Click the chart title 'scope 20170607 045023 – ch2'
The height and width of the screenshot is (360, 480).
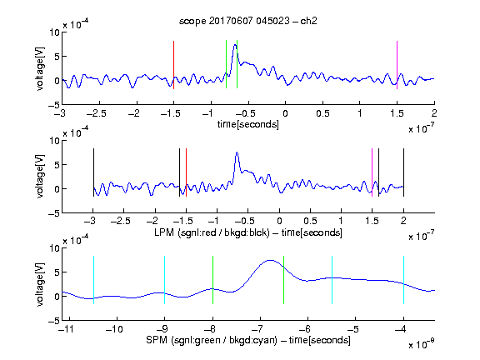point(248,21)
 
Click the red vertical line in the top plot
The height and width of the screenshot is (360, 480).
point(173,65)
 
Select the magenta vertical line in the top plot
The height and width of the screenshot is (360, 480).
point(397,65)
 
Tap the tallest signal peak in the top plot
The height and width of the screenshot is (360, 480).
point(235,45)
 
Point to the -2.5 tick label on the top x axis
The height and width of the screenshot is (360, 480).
point(97,114)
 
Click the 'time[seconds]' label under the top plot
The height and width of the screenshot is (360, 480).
point(248,124)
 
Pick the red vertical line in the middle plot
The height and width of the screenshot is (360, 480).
point(186,172)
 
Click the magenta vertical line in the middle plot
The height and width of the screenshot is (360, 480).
point(372,172)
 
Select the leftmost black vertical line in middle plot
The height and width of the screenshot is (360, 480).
point(93,172)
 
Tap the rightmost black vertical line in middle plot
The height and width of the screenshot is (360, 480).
point(403,172)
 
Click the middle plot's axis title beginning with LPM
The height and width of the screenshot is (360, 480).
point(248,232)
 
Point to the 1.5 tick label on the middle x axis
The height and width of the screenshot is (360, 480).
point(372,221)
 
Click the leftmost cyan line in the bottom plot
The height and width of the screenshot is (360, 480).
point(93,280)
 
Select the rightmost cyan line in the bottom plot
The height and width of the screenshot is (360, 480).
point(403,280)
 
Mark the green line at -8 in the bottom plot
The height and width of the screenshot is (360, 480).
point(212,280)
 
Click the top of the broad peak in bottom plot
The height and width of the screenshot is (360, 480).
point(270,261)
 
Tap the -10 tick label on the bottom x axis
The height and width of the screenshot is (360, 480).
point(114,329)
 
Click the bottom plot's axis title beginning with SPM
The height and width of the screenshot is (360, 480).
point(248,340)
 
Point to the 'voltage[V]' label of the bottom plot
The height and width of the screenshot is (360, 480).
point(40,284)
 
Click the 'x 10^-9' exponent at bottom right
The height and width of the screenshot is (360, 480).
point(422,344)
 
